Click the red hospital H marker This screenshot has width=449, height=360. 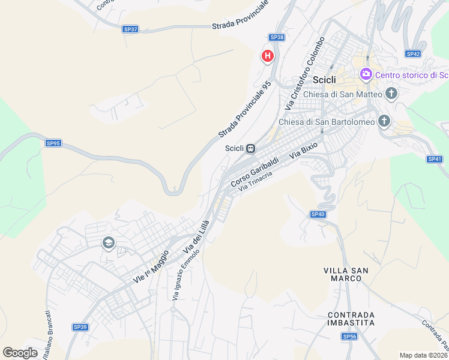268,56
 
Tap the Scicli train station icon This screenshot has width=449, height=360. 251,148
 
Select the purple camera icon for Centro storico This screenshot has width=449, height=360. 366,74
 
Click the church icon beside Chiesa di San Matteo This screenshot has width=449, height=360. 391,94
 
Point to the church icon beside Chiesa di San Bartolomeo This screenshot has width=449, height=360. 384,122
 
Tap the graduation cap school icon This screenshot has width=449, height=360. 108,243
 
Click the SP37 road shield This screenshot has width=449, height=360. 130,29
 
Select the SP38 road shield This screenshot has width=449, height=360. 277,37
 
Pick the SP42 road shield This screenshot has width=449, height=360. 412,53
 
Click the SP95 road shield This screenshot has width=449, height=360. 53,143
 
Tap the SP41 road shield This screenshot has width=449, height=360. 435,159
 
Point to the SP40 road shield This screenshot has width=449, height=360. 318,214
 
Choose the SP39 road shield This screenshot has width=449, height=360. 80,327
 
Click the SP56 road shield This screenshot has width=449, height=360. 350,337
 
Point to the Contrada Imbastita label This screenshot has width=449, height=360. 351,319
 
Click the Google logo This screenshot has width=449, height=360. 20,353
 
